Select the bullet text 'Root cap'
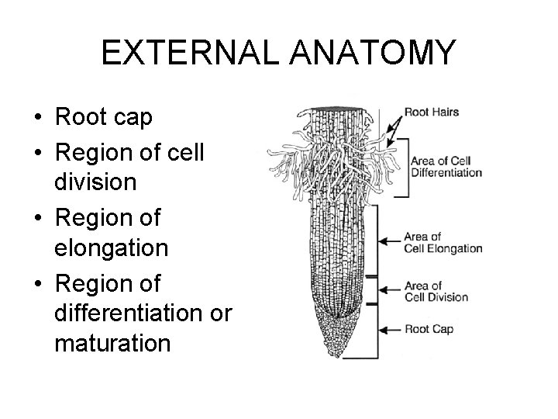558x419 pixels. coord(104,117)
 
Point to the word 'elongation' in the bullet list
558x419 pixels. coord(112,248)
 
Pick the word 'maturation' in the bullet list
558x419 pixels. coord(112,342)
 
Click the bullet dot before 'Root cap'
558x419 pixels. coord(36,119)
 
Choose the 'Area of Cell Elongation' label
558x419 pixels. coord(443,243)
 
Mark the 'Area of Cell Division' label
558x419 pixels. coord(436,291)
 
